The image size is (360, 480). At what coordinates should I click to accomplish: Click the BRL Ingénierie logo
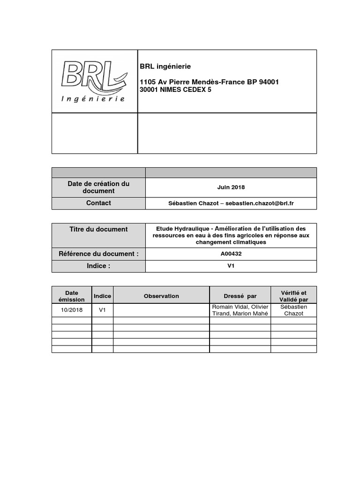94,81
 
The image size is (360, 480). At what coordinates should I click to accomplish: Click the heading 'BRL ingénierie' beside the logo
165,67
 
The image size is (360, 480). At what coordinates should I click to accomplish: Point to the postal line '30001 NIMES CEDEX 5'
176,90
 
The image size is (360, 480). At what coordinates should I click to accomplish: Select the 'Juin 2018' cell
231,187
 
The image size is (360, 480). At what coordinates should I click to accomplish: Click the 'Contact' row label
98,203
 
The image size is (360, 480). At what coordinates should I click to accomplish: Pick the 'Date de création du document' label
98,187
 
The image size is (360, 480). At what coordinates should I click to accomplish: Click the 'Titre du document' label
98,229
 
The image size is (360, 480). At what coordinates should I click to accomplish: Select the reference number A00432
231,254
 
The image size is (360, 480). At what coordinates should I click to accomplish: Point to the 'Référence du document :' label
98,254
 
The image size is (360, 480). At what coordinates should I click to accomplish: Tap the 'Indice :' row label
98,266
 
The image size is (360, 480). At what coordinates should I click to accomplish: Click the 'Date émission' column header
72,296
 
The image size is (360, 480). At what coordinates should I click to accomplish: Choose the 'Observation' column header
161,296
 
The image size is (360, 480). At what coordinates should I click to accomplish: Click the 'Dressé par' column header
240,296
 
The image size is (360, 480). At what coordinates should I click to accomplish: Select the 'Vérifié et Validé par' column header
293,296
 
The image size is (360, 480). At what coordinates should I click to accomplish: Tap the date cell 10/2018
72,310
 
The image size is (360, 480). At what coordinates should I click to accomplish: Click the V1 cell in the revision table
103,310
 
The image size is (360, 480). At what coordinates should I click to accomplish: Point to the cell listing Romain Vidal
240,310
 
